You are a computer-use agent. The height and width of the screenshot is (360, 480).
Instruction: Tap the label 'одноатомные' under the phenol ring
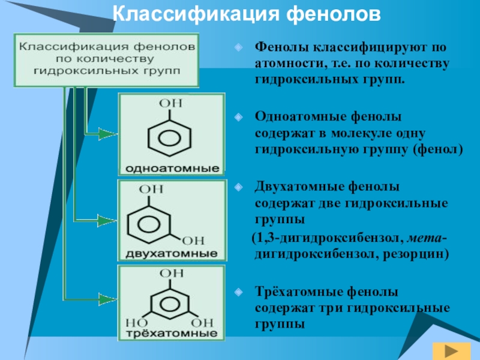click(172, 167)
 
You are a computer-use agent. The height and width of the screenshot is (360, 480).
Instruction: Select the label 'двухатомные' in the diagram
click(172, 254)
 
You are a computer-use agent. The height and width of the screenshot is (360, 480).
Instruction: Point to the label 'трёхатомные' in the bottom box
click(172, 332)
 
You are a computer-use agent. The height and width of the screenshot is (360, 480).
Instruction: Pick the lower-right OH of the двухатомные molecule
click(193, 240)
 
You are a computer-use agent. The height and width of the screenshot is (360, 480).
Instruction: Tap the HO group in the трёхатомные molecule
click(135, 322)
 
